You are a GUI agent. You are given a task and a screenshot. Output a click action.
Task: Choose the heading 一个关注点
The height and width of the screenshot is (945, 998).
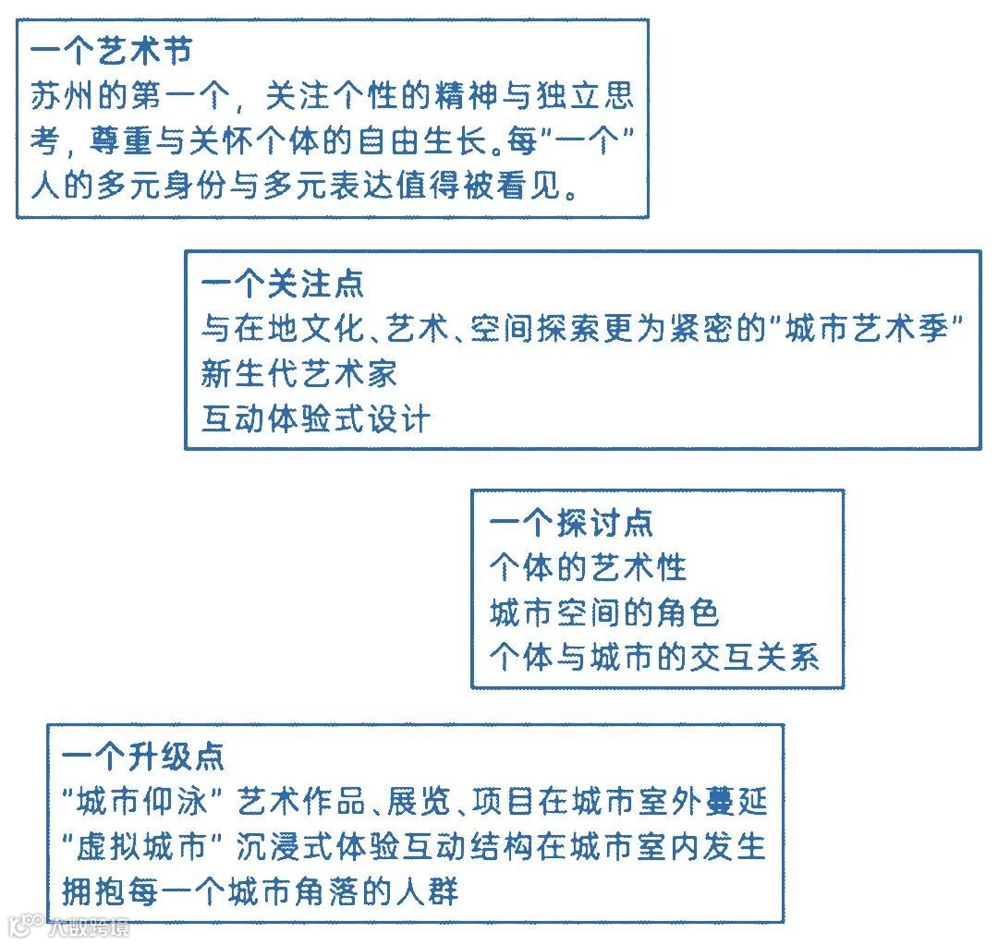(x=282, y=285)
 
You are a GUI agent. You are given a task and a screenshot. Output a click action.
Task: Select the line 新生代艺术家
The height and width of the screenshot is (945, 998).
(x=299, y=374)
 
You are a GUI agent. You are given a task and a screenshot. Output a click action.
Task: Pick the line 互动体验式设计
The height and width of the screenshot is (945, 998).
(x=316, y=419)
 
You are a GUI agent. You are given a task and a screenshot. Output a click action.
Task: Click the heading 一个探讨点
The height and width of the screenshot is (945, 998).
(x=570, y=524)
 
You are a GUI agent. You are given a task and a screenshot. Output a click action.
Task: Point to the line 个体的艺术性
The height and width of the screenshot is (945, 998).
(x=588, y=568)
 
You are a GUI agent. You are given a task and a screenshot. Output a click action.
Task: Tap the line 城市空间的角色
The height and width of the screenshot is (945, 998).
(x=603, y=612)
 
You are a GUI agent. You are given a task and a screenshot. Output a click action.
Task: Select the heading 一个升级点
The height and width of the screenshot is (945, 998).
(x=142, y=757)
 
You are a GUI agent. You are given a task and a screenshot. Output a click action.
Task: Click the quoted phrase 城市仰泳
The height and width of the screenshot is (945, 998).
(x=150, y=802)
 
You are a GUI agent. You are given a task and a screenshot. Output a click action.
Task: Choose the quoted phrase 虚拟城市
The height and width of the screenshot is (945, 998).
(x=150, y=847)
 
